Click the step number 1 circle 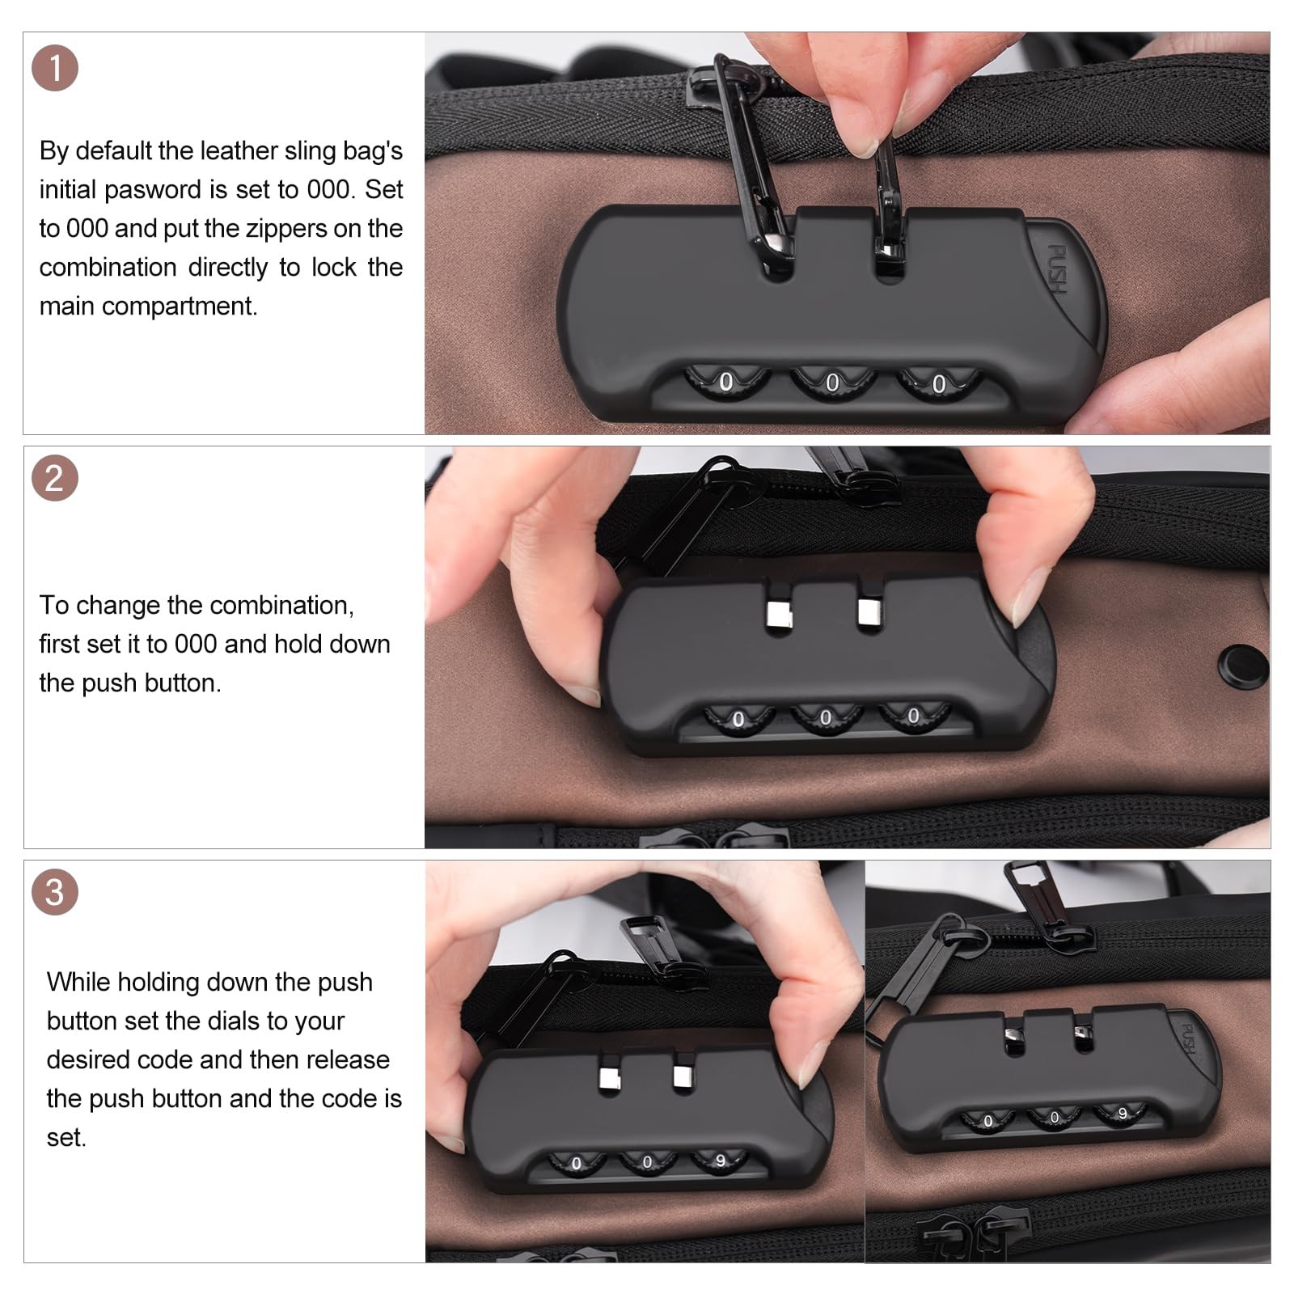[55, 68]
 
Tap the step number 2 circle [55, 479]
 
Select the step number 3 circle [55, 893]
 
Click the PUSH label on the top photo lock [1057, 269]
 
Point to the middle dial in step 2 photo [826, 717]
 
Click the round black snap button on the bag [1243, 666]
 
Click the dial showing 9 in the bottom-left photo [719, 1161]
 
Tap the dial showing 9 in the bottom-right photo [1122, 1114]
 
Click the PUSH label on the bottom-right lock [1188, 1038]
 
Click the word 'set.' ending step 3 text [66, 1138]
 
